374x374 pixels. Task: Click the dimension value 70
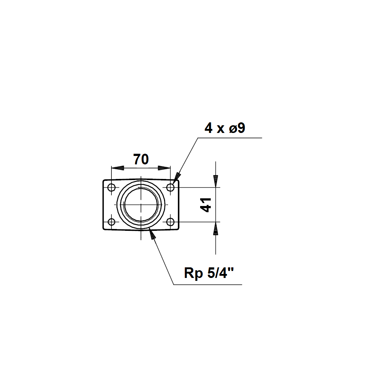click(x=141, y=159)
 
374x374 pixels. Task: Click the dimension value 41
click(x=206, y=205)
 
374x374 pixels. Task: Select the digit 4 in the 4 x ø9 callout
click(x=209, y=128)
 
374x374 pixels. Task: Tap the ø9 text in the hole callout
click(x=237, y=128)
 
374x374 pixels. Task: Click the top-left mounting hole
click(x=111, y=187)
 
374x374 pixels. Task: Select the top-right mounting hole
click(x=170, y=187)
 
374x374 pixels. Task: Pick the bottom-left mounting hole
click(x=111, y=222)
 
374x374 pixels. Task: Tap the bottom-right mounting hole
click(x=170, y=222)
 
